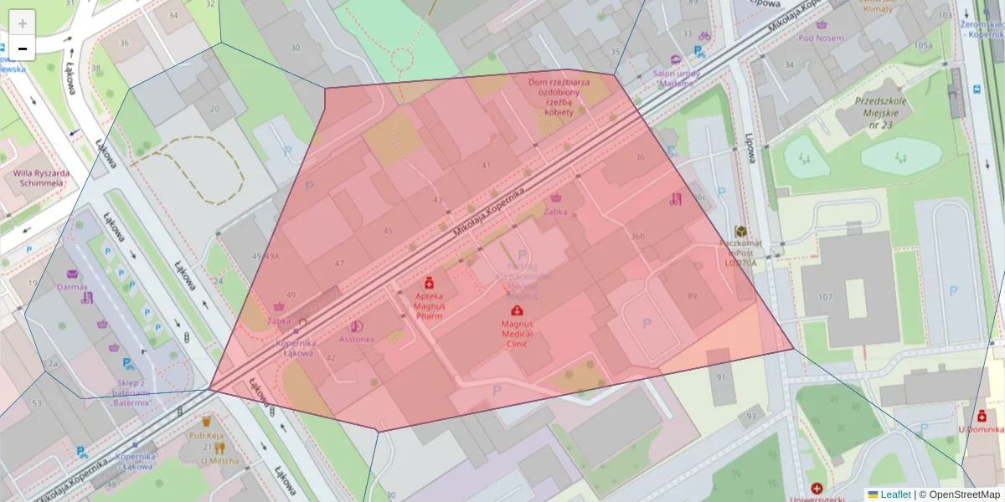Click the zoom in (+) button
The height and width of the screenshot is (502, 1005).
click(23, 23)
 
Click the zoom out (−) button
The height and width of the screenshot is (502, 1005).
click(23, 49)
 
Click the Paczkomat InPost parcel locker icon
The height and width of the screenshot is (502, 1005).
click(740, 231)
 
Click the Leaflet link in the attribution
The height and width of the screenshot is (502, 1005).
click(895, 494)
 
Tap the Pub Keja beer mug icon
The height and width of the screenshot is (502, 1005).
click(206, 422)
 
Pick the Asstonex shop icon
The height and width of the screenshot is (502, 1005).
click(358, 326)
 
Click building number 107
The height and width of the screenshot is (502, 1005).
click(826, 297)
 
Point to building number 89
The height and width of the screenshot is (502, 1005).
click(692, 296)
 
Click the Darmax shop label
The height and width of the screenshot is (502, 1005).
click(72, 286)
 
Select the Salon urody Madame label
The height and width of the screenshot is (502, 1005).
click(675, 77)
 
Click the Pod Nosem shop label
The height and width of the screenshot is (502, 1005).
click(821, 38)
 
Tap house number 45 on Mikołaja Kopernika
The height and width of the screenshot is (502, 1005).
click(387, 231)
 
